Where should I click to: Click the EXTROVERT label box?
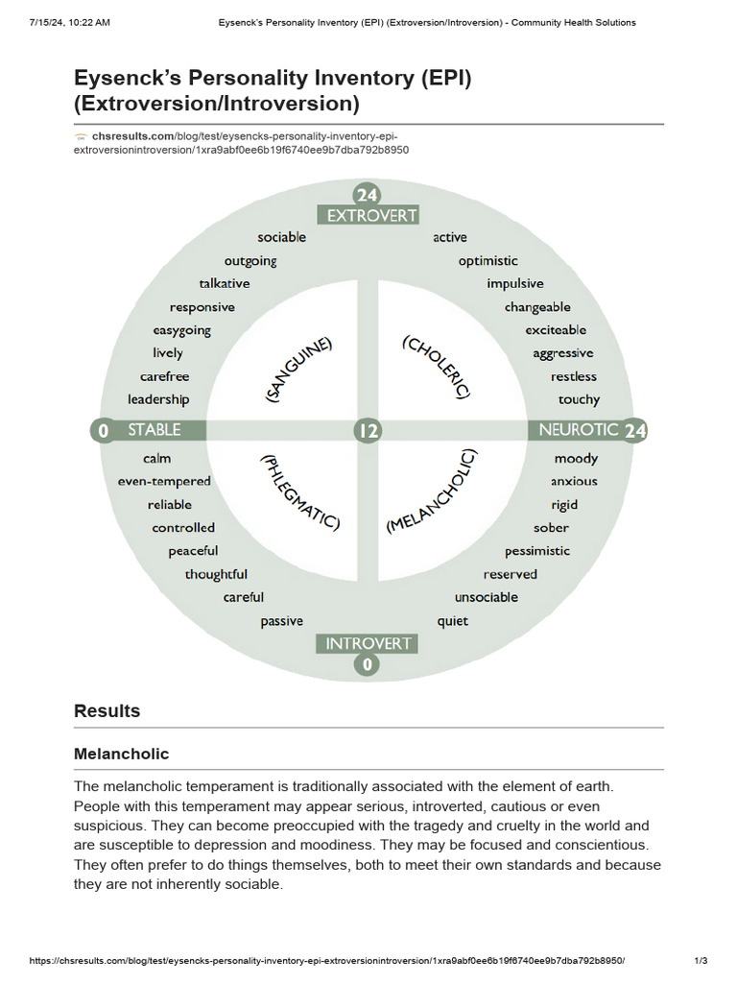(368, 216)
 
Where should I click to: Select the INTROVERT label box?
(368, 643)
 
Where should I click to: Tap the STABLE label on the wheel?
(154, 430)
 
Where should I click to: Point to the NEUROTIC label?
(578, 430)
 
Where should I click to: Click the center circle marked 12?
(368, 430)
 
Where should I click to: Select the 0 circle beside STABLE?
(104, 431)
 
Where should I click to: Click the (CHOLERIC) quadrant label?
(438, 367)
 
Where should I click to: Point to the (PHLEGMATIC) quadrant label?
(299, 492)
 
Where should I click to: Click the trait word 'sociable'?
(281, 237)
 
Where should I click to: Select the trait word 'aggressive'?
(562, 353)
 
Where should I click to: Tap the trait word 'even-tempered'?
(164, 481)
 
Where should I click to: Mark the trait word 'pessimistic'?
(537, 551)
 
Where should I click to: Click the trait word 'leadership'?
(158, 399)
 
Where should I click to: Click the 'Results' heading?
(107, 711)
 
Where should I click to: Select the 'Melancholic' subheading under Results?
(121, 755)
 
